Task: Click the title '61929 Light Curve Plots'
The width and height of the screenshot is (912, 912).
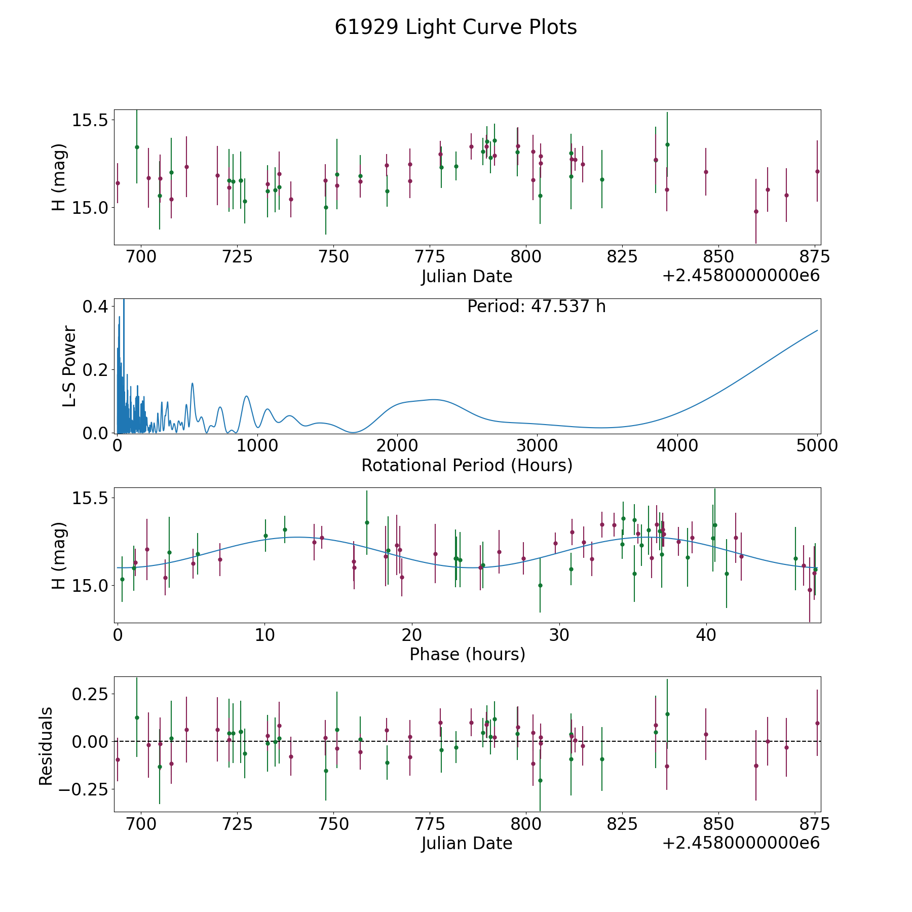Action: [455, 27]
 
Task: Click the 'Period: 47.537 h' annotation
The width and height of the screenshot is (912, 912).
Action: [536, 307]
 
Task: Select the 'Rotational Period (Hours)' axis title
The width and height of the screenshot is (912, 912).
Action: [467, 465]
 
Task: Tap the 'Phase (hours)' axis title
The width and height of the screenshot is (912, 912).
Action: [467, 654]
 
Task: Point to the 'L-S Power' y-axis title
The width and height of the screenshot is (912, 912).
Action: [69, 366]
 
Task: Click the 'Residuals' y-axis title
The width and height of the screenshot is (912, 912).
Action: [46, 746]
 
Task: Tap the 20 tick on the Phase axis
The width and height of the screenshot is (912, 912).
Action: [412, 635]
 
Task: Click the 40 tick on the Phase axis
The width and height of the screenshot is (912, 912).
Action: [706, 635]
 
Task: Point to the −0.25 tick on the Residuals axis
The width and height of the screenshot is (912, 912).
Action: [83, 789]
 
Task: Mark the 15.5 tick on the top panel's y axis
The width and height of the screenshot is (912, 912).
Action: [90, 121]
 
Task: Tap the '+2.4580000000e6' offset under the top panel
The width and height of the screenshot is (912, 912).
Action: [741, 276]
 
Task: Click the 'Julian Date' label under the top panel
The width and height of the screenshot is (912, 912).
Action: [467, 277]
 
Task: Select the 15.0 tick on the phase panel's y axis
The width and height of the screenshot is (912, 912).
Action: [90, 585]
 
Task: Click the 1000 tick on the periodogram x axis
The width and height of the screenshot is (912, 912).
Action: [257, 446]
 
